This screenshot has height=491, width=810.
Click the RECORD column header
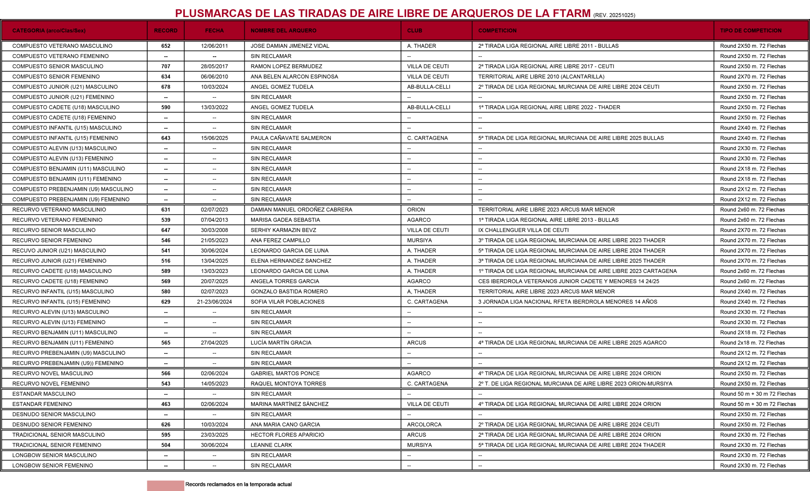(166, 31)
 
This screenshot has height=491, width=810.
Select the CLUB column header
(414, 31)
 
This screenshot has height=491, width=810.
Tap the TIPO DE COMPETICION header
(751, 31)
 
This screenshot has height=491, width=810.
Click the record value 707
(166, 66)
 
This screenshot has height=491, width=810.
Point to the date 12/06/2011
(214, 46)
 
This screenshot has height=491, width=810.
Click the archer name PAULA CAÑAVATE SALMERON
(290, 138)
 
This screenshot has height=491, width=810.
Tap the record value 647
(166, 230)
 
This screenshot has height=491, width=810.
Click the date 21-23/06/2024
(214, 302)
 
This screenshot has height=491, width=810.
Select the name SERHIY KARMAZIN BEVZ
(283, 230)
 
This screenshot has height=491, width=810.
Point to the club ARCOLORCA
(424, 425)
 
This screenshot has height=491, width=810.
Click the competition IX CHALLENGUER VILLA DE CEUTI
(523, 230)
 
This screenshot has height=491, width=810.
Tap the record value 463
(166, 404)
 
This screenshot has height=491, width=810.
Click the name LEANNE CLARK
(271, 445)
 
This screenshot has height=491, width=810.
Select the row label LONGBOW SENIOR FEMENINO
(53, 465)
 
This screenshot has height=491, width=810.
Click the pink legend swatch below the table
(165, 485)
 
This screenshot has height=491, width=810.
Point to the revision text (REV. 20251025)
(614, 15)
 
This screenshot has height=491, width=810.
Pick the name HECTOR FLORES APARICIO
(287, 435)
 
